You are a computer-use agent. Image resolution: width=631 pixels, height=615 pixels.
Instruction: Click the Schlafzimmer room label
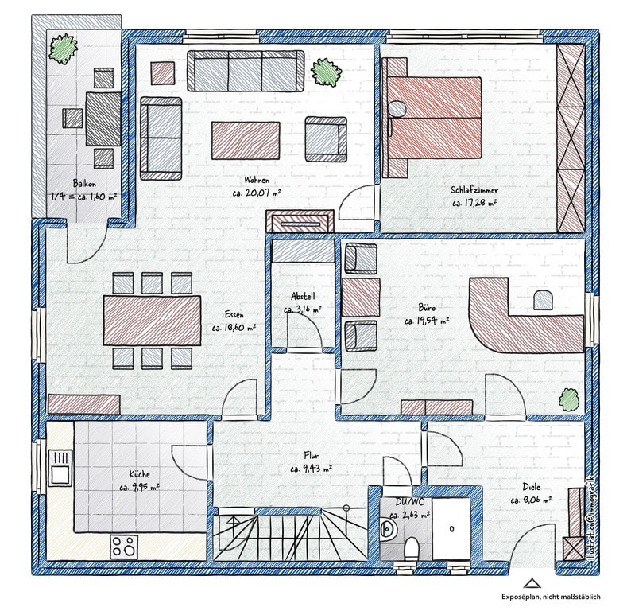click(474, 189)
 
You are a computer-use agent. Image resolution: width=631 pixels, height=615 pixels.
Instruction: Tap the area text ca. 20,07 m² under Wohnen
click(257, 193)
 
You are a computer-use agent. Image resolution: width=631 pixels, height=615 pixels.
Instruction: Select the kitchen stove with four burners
click(124, 547)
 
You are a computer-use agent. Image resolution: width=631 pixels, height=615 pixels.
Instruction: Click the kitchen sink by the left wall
click(60, 467)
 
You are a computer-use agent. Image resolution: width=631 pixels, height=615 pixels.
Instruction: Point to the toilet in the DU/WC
click(412, 548)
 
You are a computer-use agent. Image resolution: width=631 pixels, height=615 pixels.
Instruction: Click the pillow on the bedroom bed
click(397, 108)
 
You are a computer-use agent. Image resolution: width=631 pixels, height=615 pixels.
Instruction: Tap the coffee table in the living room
click(246, 140)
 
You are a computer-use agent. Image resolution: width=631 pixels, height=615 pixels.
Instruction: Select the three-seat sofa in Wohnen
click(246, 71)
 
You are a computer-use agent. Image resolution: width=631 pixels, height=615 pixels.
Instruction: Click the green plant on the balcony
click(64, 48)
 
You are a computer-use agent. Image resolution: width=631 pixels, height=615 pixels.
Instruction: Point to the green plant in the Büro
click(569, 399)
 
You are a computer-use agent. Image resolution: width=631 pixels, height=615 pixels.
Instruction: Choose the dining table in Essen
click(152, 321)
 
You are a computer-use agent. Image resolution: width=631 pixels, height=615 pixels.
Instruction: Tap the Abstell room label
click(303, 297)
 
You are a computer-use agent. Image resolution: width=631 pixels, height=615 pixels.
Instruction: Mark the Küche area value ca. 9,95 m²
click(140, 488)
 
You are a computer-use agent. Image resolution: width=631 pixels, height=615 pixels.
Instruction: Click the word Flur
click(311, 456)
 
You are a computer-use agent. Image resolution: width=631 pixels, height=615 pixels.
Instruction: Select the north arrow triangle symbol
click(531, 583)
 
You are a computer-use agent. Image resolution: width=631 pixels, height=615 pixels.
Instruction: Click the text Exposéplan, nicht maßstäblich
click(551, 597)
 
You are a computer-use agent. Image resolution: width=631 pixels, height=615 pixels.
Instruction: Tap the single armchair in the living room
click(326, 139)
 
